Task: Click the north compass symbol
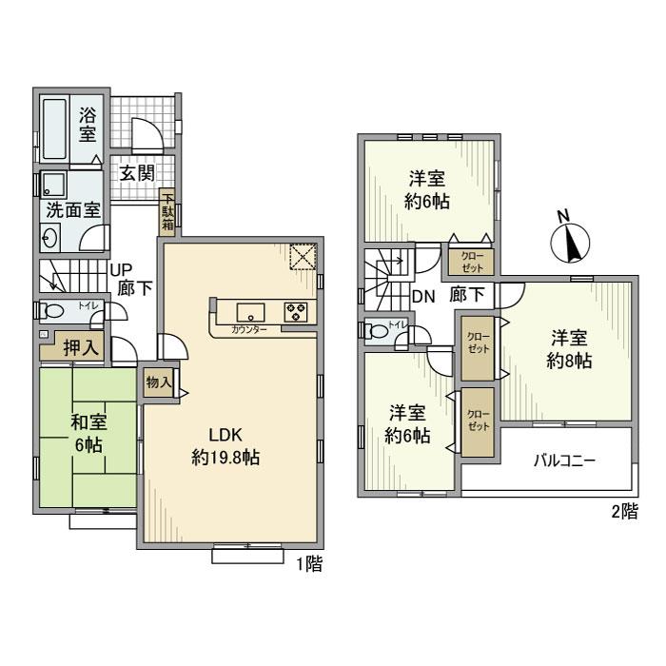(570, 239)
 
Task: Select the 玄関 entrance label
(136, 173)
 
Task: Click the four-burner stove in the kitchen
(295, 309)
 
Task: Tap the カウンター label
(249, 329)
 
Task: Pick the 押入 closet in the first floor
(81, 348)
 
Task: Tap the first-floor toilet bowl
(52, 311)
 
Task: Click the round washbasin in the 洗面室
(51, 237)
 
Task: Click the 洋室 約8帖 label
(569, 350)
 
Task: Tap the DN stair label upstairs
(423, 295)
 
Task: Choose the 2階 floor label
(623, 513)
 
